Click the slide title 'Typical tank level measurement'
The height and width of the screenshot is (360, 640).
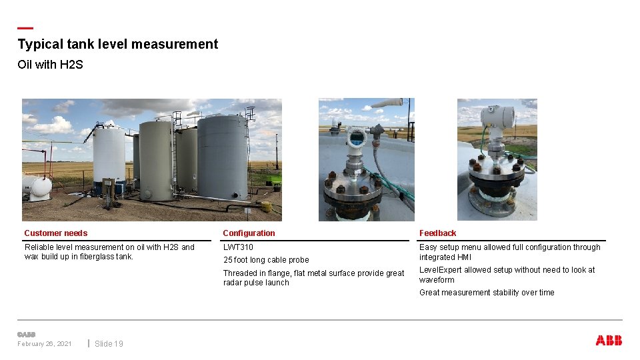click(117, 45)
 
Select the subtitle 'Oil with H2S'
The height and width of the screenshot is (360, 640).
click(50, 65)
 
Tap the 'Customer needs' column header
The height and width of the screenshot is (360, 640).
click(55, 233)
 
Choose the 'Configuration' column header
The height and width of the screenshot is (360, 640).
click(249, 233)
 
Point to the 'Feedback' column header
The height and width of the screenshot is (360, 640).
click(437, 233)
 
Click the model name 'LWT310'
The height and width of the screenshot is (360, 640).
click(238, 247)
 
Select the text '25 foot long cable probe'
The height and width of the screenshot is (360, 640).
click(266, 260)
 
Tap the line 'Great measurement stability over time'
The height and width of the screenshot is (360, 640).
click(487, 293)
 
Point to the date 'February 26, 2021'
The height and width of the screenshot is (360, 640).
click(45, 344)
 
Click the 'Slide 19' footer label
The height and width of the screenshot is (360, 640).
click(109, 344)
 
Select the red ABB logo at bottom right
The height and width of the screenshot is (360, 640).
click(609, 341)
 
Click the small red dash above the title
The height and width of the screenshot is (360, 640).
click(25, 28)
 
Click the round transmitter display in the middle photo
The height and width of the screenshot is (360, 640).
click(355, 138)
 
